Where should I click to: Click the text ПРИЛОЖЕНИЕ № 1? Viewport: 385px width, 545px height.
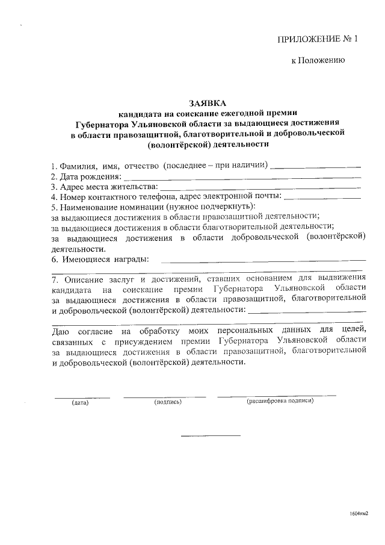click(x=317, y=40)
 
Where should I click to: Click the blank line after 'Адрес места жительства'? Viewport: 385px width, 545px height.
click(x=262, y=188)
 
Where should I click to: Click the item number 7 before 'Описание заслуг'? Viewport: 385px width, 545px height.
click(x=54, y=279)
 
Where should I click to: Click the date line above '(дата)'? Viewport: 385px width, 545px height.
click(x=82, y=397)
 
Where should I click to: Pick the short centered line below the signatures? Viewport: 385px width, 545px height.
click(x=210, y=435)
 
